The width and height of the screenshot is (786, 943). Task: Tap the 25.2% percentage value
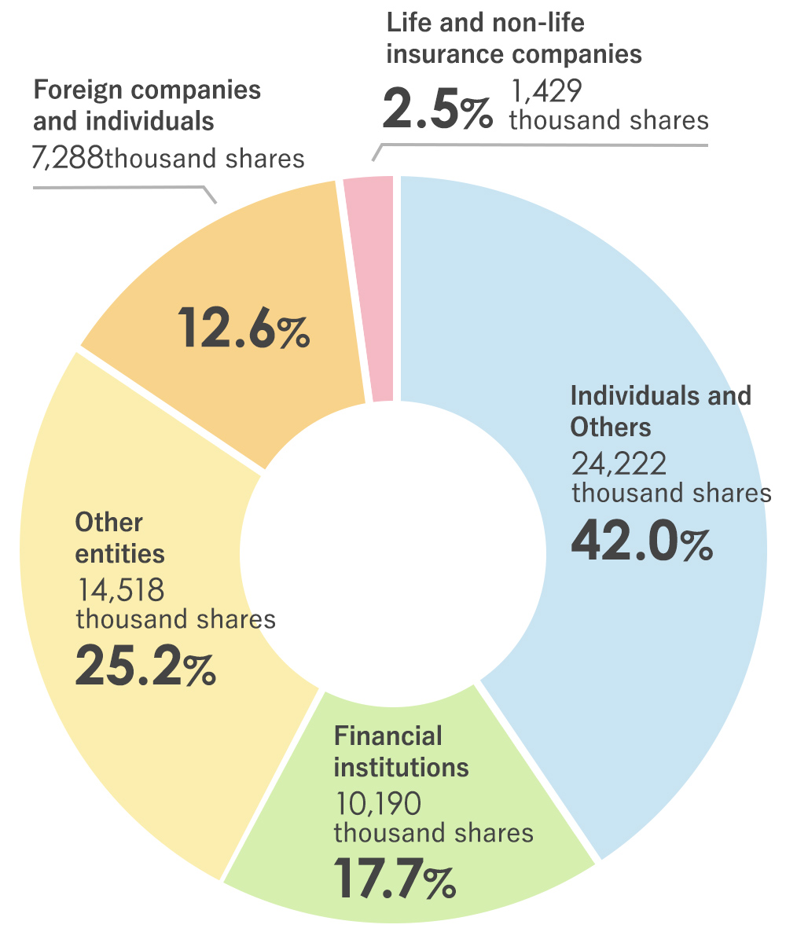(145, 666)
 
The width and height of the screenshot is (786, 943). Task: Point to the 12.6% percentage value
(243, 328)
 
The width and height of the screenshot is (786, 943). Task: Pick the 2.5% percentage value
(437, 111)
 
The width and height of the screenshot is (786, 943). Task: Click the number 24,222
(619, 464)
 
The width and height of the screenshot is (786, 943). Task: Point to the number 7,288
(66, 159)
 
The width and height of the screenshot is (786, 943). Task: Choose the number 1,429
(546, 92)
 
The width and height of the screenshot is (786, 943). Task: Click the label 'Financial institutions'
(401, 751)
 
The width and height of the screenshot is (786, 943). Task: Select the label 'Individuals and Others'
(660, 410)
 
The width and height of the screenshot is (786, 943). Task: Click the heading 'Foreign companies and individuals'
(146, 105)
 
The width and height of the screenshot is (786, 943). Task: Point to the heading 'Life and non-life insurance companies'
(514, 39)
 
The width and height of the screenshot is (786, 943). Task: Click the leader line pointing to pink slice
(542, 145)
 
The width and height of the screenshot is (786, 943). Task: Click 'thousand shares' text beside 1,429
(609, 120)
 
